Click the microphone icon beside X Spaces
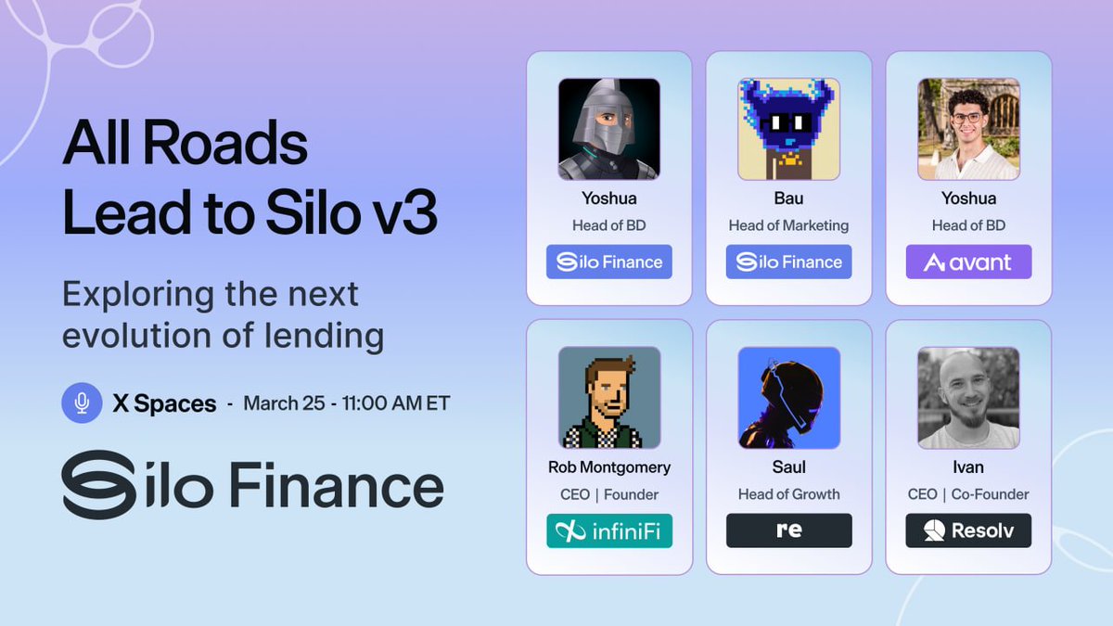[82, 403]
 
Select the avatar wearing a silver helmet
[608, 128]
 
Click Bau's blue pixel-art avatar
[788, 128]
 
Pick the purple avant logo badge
[968, 262]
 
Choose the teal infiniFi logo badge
[608, 531]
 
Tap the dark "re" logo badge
[788, 531]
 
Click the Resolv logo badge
[968, 531]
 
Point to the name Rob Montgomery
[608, 467]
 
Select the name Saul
[788, 467]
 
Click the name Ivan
[968, 467]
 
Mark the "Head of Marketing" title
[788, 225]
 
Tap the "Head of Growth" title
[788, 494]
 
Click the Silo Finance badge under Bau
[788, 262]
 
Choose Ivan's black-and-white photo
[968, 397]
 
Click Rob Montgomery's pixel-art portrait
[608, 397]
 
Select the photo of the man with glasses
[968, 128]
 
